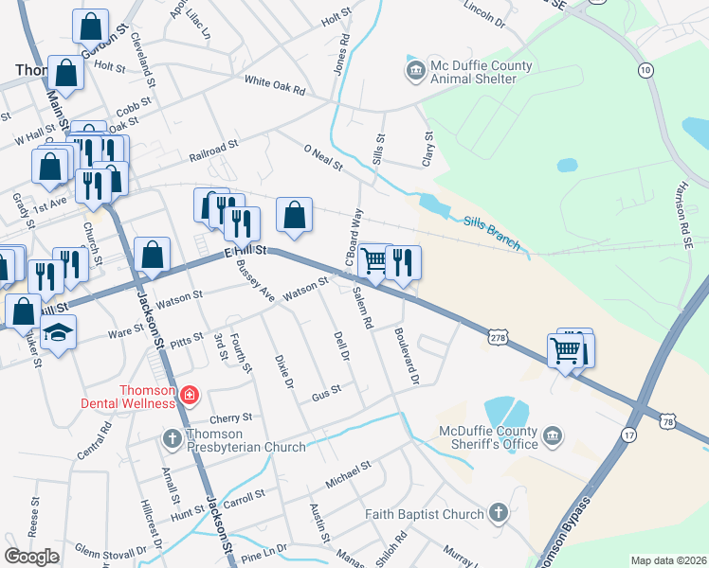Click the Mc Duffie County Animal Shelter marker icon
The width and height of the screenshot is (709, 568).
point(414,70)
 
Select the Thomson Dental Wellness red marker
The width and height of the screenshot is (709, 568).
point(190,394)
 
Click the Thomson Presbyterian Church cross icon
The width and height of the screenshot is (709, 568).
point(172,437)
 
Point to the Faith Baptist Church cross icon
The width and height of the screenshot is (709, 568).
point(499,514)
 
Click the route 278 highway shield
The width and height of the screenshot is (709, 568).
point(499,337)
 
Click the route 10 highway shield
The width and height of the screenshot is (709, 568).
point(645,70)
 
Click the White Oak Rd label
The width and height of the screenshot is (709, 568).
point(275,85)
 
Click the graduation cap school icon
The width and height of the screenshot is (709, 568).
point(59,332)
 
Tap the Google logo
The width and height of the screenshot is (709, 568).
point(31,557)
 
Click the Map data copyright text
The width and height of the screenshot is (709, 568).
point(667,560)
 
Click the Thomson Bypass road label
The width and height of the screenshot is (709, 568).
point(566,530)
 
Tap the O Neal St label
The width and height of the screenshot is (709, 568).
point(322,158)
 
